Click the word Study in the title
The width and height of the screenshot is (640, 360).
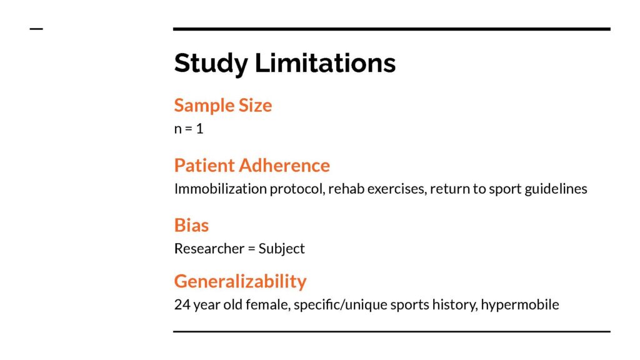(211, 63)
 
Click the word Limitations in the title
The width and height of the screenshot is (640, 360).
(325, 62)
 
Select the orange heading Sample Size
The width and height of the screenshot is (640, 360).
(223, 105)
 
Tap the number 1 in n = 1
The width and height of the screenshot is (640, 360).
(199, 129)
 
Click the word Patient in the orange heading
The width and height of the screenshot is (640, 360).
(204, 165)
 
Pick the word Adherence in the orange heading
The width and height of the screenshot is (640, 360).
(284, 165)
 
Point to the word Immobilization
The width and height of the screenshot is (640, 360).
(220, 189)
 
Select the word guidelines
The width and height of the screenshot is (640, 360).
(556, 189)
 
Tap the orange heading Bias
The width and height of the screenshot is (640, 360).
(191, 225)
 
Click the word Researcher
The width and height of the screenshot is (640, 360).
(209, 248)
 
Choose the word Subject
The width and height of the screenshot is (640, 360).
(281, 249)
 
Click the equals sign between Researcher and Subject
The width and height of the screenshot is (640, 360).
(251, 249)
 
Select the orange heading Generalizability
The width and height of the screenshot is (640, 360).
(240, 282)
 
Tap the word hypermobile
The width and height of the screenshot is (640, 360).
(520, 304)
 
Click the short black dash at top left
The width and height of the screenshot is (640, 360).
(36, 29)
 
